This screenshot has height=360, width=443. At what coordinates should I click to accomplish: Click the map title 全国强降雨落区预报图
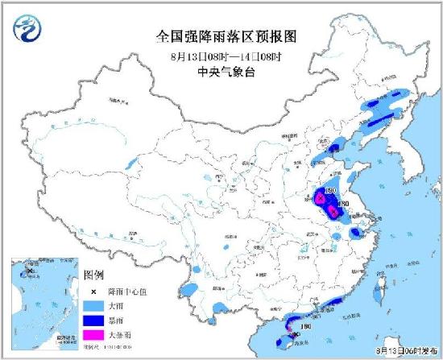point(224,35)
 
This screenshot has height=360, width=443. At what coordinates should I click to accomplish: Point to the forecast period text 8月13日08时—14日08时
point(224,56)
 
